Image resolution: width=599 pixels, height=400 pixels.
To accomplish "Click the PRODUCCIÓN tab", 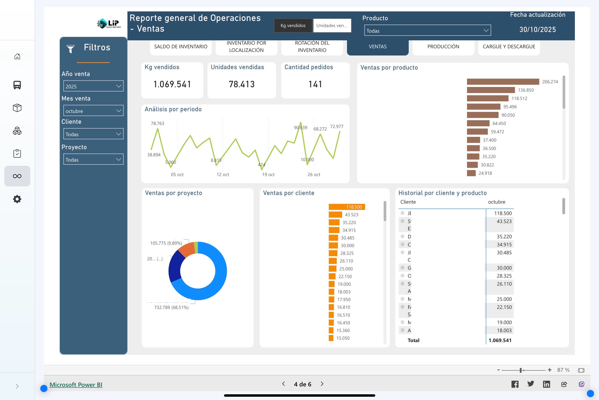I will click(x=443, y=47).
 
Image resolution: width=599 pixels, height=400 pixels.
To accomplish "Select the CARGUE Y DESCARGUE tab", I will click(x=509, y=47).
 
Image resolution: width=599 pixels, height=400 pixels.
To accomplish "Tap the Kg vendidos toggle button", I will click(x=293, y=25).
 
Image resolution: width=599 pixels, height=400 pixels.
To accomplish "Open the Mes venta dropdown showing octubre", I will click(x=93, y=111).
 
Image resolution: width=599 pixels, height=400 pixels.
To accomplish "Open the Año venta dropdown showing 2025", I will click(x=93, y=86).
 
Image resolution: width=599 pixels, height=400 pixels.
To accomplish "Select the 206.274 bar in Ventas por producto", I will click(x=502, y=82).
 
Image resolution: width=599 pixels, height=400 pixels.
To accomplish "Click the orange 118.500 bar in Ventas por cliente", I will click(x=347, y=207).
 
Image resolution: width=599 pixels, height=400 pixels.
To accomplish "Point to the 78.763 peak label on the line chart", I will click(x=157, y=123).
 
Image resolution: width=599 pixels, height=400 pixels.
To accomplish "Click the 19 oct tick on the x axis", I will click(x=268, y=175).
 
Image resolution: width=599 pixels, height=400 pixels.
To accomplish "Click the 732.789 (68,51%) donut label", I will click(x=171, y=307).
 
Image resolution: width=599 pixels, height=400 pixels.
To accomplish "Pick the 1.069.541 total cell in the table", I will click(x=500, y=340).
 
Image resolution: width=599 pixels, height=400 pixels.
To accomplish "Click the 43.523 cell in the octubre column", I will click(x=504, y=221).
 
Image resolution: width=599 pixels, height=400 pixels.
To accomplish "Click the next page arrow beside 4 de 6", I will click(x=322, y=384).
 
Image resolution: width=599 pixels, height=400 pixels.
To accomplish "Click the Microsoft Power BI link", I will click(x=76, y=385).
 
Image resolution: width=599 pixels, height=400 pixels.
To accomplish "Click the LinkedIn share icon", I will click(x=546, y=384).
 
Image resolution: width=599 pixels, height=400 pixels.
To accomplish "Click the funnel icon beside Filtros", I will click(x=70, y=48).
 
